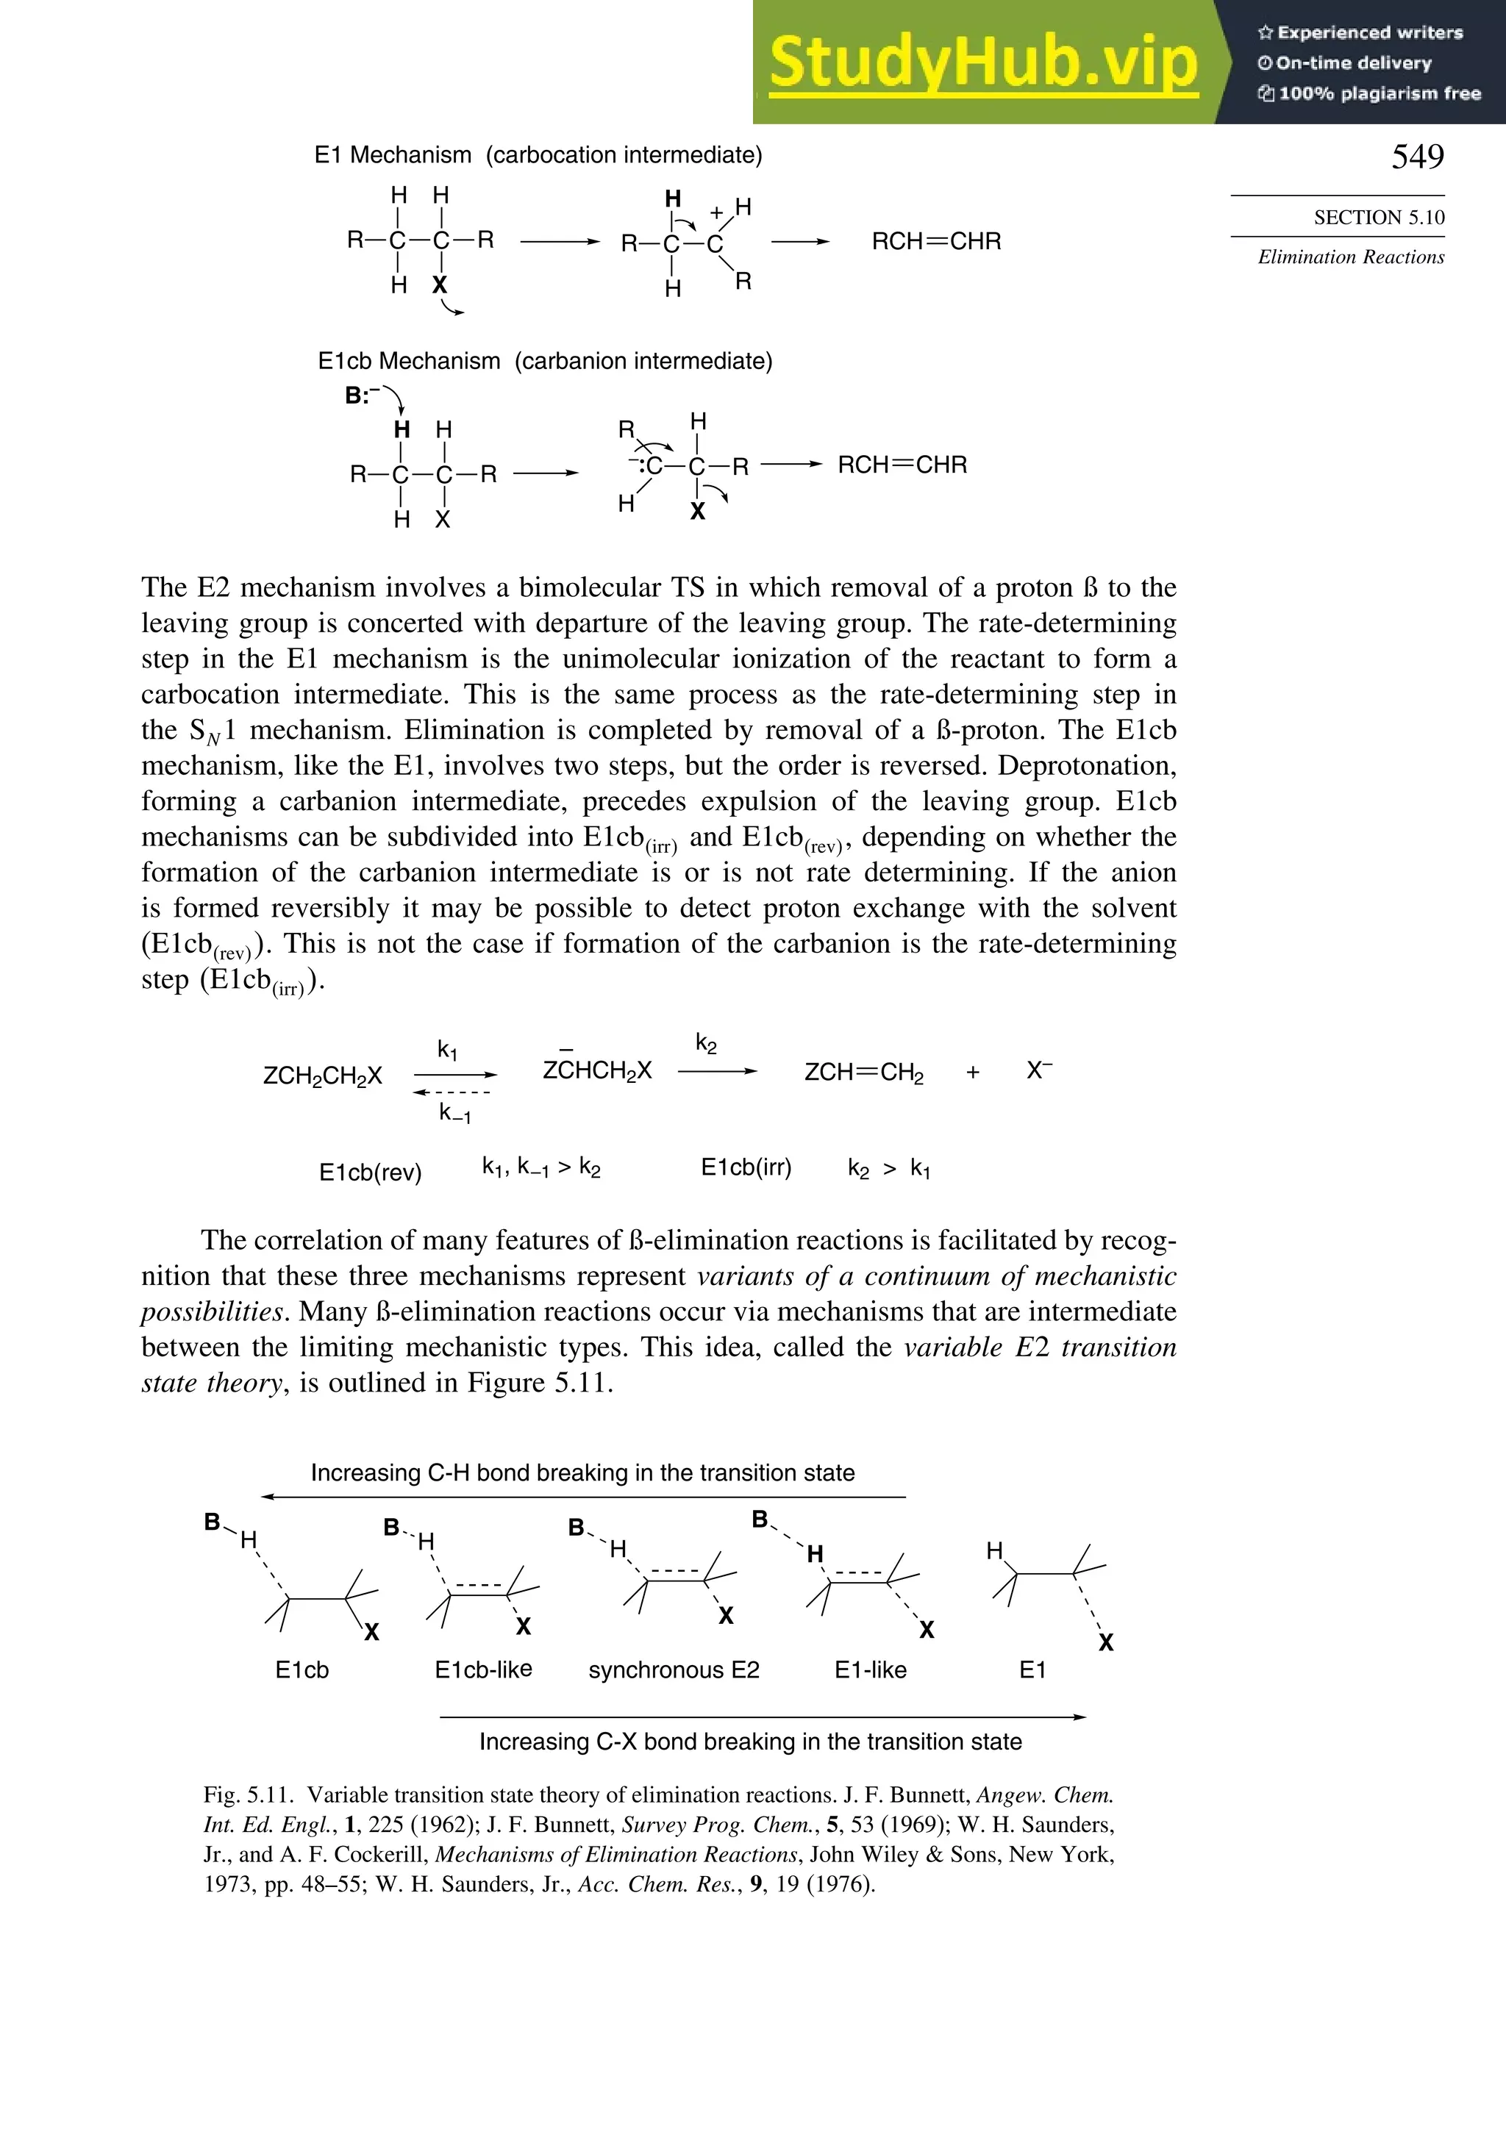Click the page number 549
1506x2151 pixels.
click(1417, 157)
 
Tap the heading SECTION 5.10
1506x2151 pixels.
click(1379, 218)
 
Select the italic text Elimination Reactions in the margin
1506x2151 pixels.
click(1350, 257)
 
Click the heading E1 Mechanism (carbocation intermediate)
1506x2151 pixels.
click(538, 154)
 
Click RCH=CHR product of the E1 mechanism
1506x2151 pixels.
click(936, 242)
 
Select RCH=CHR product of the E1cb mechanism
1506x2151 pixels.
click(902, 465)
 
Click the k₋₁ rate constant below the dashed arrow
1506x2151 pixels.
click(454, 1113)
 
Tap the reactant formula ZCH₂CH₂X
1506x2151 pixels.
click(322, 1075)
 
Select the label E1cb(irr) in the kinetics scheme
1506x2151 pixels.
click(746, 1167)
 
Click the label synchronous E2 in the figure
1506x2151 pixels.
click(674, 1669)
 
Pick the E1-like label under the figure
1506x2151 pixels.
click(870, 1669)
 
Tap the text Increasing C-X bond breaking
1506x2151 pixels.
click(750, 1742)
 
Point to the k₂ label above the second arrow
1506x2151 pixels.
click(706, 1044)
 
